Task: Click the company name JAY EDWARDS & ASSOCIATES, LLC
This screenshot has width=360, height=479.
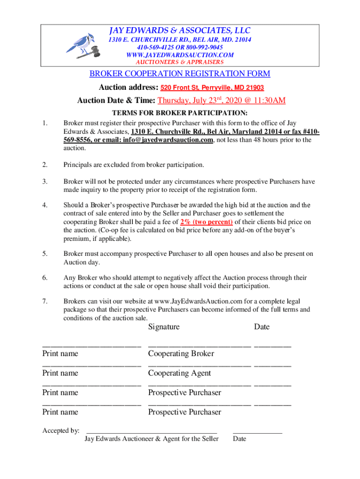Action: click(180, 31)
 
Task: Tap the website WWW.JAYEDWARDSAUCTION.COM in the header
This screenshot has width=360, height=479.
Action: click(180, 55)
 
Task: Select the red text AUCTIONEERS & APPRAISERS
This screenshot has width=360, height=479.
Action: click(180, 62)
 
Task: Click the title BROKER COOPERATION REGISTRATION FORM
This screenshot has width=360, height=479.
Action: click(180, 74)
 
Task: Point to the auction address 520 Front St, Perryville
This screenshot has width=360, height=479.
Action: click(212, 87)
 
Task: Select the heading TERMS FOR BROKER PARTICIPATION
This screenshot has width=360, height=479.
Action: click(180, 113)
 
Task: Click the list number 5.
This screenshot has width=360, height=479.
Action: click(44, 254)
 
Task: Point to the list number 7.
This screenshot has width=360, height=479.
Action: click(44, 301)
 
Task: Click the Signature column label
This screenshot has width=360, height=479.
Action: click(164, 327)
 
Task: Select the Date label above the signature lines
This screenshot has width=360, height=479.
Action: click(262, 327)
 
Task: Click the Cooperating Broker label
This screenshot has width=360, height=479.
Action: click(181, 354)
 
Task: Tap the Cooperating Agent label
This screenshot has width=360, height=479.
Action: click(180, 373)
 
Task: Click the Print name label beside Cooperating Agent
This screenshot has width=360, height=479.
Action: click(60, 373)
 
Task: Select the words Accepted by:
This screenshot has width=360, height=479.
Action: click(61, 430)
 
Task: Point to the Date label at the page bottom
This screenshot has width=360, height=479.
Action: click(239, 439)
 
